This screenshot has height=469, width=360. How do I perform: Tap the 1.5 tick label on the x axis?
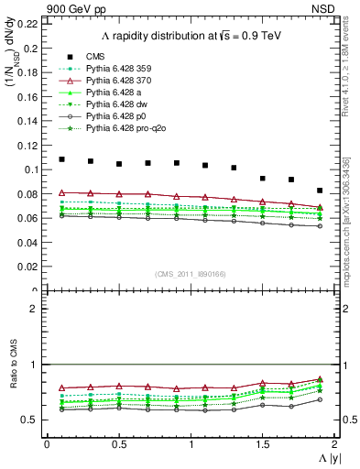coord(262,443)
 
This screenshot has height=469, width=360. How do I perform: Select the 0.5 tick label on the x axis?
coord(118,443)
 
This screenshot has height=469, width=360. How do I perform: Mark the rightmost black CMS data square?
coord(320,191)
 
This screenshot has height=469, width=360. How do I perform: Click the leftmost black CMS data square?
coord(61,159)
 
